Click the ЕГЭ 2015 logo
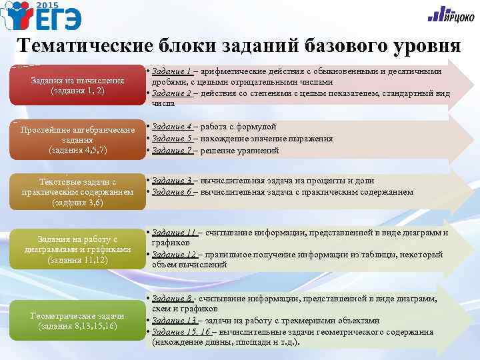pyautogui.click(x=41, y=17)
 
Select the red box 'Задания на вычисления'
pyautogui.click(x=77, y=85)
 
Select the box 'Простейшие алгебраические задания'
pyautogui.click(x=77, y=139)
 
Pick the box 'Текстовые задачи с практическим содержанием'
pyautogui.click(x=77, y=192)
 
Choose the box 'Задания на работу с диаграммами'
pyautogui.click(x=77, y=249)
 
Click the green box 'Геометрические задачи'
pyautogui.click(x=77, y=321)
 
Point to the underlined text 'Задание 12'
pyautogui.click(x=175, y=255)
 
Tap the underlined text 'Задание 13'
pyautogui.click(x=175, y=321)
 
